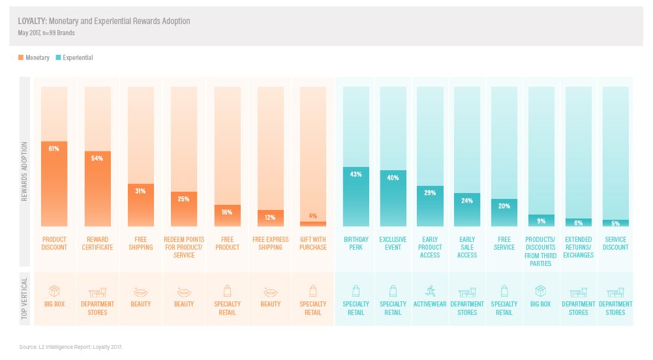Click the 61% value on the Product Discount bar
coord(54,149)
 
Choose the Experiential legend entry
coord(74,58)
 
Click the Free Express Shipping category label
coord(270,243)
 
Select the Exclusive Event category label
coord(393,243)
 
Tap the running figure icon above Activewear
coord(430,290)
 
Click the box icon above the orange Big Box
coord(54,290)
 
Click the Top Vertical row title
coord(25,298)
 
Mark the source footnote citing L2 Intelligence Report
coord(71,347)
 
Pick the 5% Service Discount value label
coord(615,224)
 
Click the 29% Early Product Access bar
coord(430,206)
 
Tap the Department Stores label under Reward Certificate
coord(97,308)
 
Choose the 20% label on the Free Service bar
coord(504,206)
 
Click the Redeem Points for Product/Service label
coord(183,247)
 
